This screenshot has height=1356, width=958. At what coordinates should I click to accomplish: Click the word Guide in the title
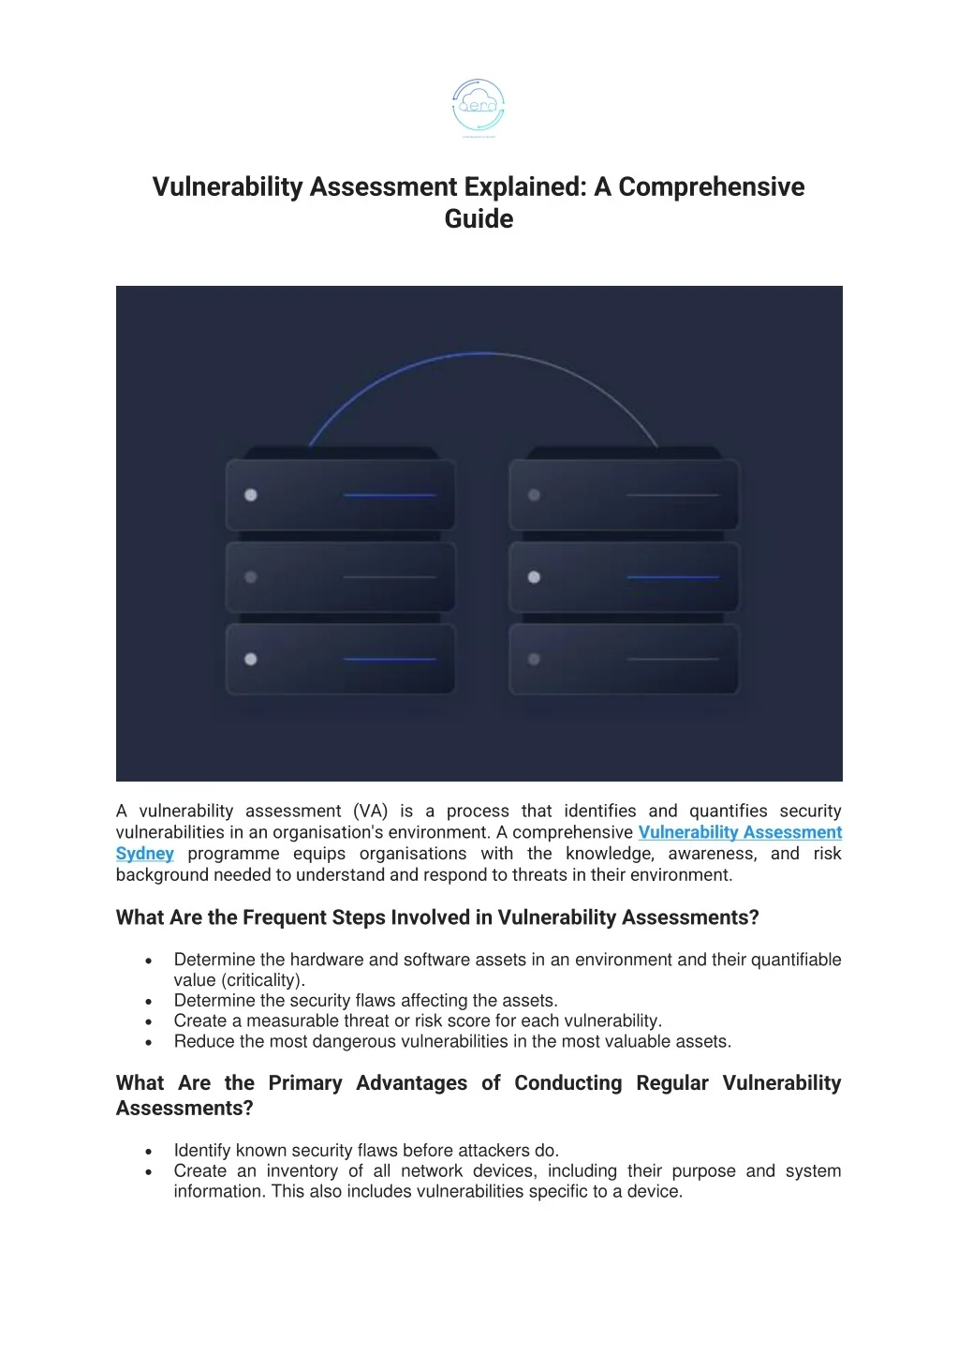[x=479, y=219]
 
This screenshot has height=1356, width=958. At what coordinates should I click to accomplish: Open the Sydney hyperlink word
[x=144, y=854]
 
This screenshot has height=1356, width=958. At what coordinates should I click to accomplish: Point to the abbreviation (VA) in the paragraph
[x=370, y=811]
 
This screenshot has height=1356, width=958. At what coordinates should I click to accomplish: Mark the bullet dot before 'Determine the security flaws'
[x=149, y=1001]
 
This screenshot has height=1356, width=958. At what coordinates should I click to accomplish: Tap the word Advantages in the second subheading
[x=411, y=1083]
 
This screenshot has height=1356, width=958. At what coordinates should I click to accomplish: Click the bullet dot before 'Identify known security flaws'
[x=149, y=1151]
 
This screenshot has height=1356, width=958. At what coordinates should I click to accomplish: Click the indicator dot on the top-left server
[x=251, y=495]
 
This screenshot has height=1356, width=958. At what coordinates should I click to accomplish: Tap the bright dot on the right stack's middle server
[x=534, y=577]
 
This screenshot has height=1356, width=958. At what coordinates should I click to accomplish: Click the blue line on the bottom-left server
[x=390, y=660]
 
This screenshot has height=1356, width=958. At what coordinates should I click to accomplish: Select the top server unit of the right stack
[x=624, y=494]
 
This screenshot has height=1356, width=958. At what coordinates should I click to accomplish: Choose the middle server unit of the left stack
[x=341, y=577]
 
